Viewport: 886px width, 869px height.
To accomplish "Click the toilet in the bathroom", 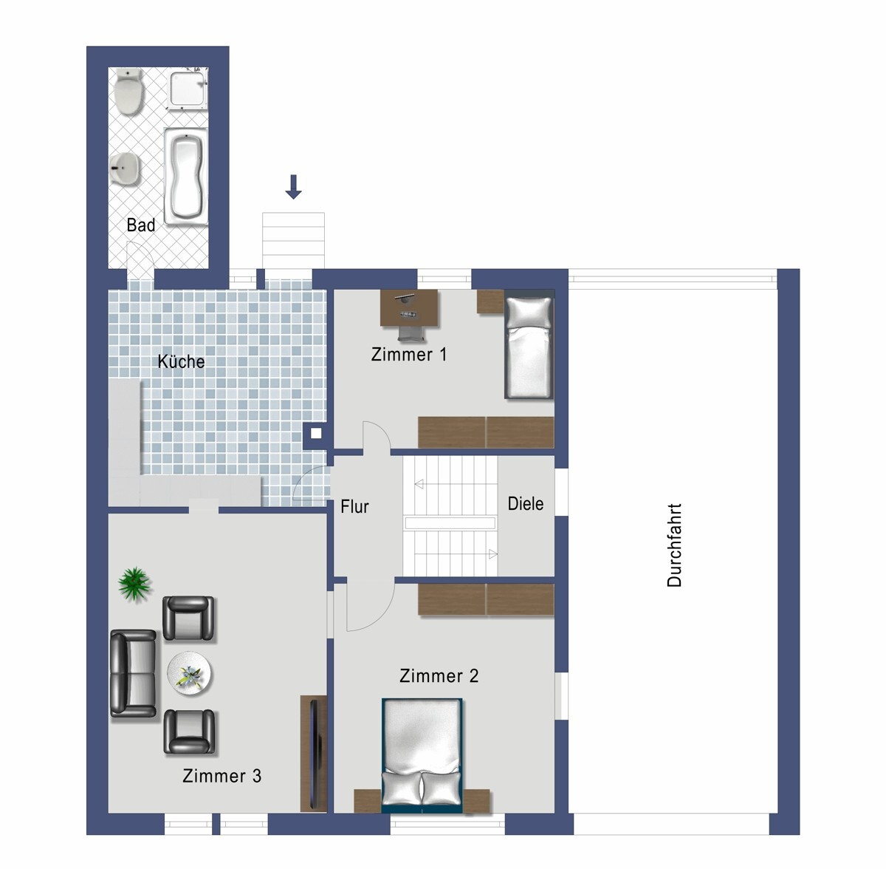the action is [128, 92].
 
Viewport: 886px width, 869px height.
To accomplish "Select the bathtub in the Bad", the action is [186, 177].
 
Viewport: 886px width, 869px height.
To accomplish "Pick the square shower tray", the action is [189, 90].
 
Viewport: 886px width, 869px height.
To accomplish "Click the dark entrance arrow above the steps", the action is [293, 186].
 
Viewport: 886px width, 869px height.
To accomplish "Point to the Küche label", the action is [181, 362].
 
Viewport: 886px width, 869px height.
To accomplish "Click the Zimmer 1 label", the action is [409, 355].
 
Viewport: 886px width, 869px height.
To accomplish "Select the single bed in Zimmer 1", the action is [529, 345].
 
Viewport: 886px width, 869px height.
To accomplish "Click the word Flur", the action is [354, 507].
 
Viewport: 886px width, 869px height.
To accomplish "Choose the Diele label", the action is [526, 503].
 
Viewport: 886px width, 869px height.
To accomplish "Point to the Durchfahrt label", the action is [674, 545].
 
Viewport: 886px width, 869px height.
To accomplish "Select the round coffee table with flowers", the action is [190, 675].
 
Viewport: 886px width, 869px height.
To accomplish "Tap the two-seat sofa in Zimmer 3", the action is [134, 673].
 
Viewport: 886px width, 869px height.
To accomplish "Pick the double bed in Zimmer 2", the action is [422, 755].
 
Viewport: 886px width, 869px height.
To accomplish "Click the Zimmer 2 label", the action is [439, 675].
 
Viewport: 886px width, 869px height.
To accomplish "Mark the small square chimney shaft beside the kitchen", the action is [316, 433].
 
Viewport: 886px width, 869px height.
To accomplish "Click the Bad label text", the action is [141, 225].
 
